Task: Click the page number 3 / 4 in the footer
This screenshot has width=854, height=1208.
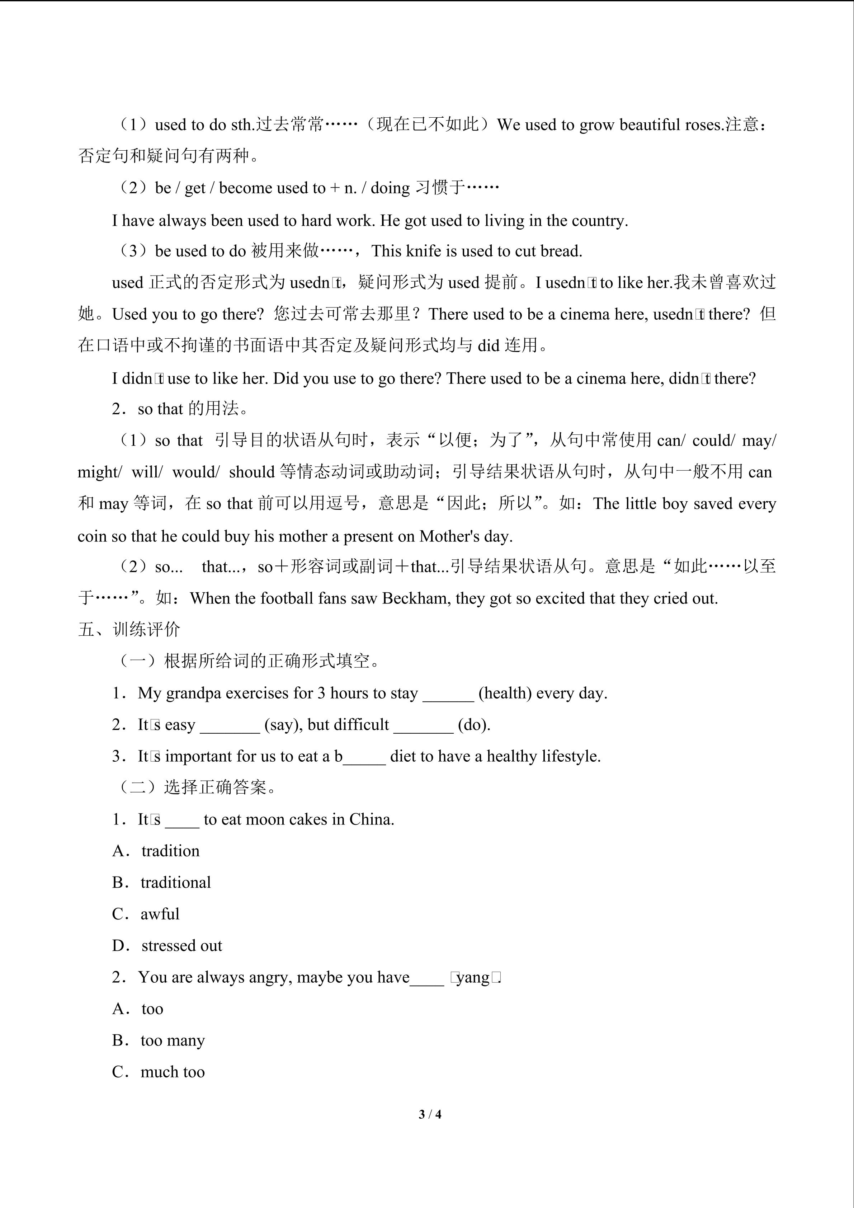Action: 430,1114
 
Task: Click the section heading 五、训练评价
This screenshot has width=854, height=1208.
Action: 129,629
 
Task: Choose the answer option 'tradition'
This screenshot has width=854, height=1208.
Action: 170,851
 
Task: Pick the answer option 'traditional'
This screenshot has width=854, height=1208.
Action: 176,882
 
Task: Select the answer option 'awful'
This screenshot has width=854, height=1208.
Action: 160,914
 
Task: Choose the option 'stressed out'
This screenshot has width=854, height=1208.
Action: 181,945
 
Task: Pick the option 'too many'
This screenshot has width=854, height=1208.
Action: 173,1040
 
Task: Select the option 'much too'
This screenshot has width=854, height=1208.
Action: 173,1072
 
